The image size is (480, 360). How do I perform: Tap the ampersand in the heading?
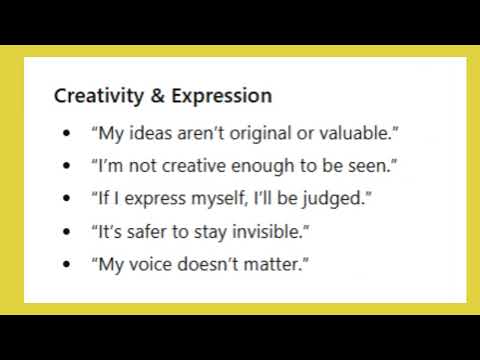pyautogui.click(x=139, y=97)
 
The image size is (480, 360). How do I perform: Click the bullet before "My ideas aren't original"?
pyautogui.click(x=66, y=132)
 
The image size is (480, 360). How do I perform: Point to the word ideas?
pyautogui.click(x=143, y=132)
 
